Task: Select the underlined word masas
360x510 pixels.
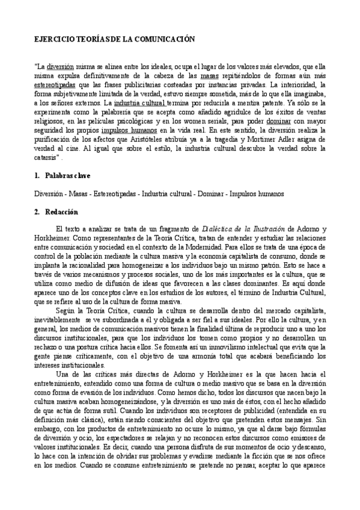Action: click(210, 76)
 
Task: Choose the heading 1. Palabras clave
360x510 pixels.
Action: click(63, 176)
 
